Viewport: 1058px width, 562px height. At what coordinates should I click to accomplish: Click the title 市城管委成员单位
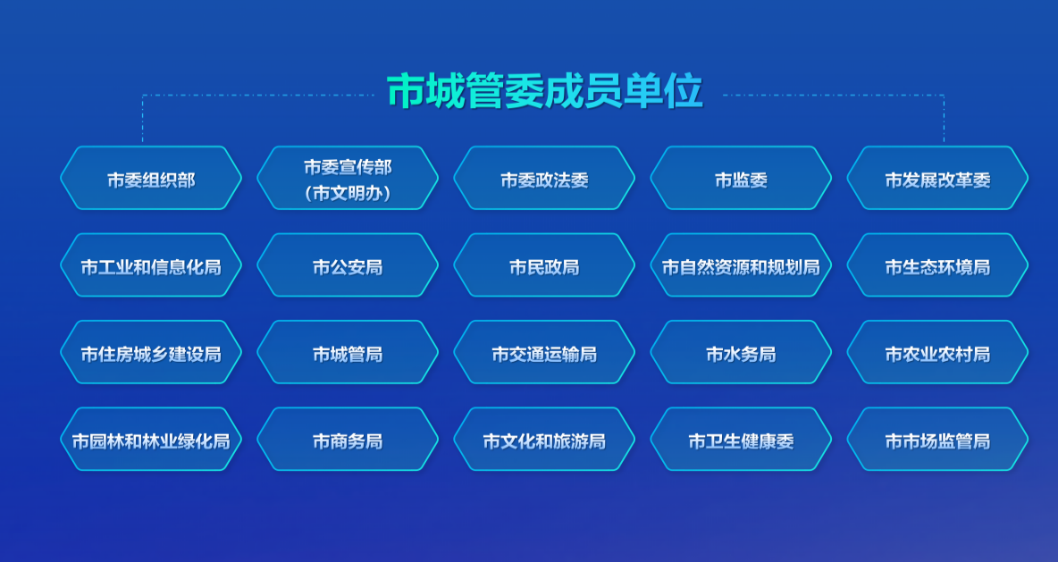click(x=544, y=92)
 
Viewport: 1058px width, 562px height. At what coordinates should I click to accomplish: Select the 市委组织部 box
click(x=151, y=179)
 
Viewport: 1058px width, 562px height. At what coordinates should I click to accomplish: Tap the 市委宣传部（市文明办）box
click(x=348, y=179)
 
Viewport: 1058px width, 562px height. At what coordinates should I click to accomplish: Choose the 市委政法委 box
click(x=544, y=179)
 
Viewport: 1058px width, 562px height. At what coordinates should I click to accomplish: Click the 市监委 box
click(x=741, y=179)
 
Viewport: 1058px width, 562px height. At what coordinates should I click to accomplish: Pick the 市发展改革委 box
click(x=937, y=179)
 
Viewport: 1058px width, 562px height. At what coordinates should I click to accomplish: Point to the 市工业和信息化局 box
click(x=151, y=265)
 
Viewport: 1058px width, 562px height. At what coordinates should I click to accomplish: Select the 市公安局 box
click(x=348, y=265)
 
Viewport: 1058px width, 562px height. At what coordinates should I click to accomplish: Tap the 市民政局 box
click(x=544, y=265)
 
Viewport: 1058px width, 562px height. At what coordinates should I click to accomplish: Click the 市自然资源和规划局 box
click(x=741, y=265)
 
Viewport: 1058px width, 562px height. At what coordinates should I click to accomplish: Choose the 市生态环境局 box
click(x=937, y=265)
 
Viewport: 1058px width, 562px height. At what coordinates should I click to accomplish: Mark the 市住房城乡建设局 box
click(x=151, y=353)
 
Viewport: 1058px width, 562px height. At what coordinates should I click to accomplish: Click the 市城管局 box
click(x=348, y=353)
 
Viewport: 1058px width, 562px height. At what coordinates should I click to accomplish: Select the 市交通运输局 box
click(x=544, y=353)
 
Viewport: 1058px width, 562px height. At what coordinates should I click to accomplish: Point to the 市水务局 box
click(x=741, y=353)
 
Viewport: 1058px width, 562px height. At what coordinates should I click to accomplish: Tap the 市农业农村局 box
click(x=937, y=353)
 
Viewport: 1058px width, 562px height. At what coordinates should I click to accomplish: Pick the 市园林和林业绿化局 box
click(x=151, y=440)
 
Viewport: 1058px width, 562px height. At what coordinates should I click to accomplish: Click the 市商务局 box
click(x=348, y=440)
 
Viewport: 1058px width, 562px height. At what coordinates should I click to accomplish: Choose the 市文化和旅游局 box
click(x=544, y=440)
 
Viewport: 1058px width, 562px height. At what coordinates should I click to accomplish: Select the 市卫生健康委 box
click(x=741, y=440)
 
